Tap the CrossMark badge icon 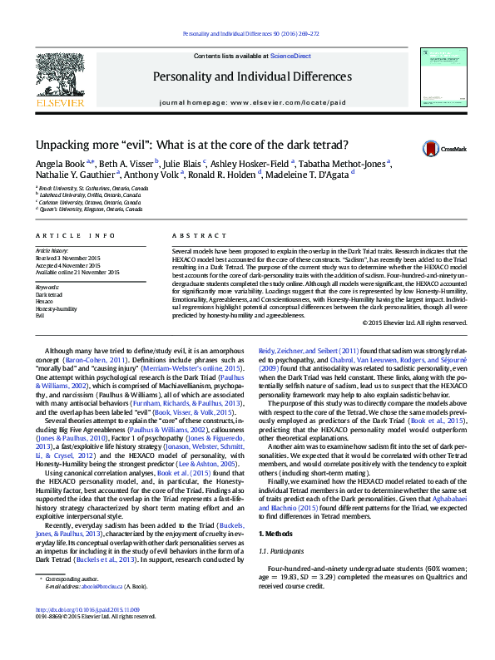click(x=431, y=148)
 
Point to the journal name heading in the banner click(x=251, y=76)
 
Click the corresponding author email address click(x=99, y=609)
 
